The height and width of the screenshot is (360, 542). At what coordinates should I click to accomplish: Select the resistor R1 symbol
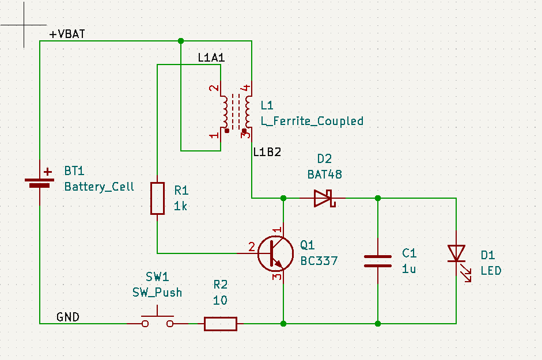pos(157,198)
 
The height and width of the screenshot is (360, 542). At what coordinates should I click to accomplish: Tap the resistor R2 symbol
pos(221,324)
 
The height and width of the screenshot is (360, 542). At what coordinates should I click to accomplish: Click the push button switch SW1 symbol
pos(158,321)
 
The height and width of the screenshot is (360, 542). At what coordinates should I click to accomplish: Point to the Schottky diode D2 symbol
pos(323,198)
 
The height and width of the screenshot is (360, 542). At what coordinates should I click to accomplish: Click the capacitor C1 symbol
pos(378,261)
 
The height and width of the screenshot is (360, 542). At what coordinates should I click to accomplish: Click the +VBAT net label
pos(67,34)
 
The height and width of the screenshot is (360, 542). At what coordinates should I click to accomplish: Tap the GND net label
pos(67,317)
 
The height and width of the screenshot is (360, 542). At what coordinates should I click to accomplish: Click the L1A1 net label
pos(211,58)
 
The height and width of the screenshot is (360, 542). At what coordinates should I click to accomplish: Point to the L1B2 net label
pos(267,153)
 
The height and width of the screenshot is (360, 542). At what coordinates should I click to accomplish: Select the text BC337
pos(319,261)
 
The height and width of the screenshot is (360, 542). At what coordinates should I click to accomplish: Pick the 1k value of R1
pos(180,206)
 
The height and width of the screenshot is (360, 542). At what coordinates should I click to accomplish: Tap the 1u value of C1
pos(409,268)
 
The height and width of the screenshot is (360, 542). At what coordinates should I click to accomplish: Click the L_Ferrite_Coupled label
pos(312,121)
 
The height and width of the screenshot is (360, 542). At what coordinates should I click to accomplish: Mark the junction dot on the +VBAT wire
pos(181,41)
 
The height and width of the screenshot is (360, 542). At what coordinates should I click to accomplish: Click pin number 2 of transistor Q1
pos(251,247)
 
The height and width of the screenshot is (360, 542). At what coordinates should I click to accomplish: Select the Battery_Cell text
pos(99,187)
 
